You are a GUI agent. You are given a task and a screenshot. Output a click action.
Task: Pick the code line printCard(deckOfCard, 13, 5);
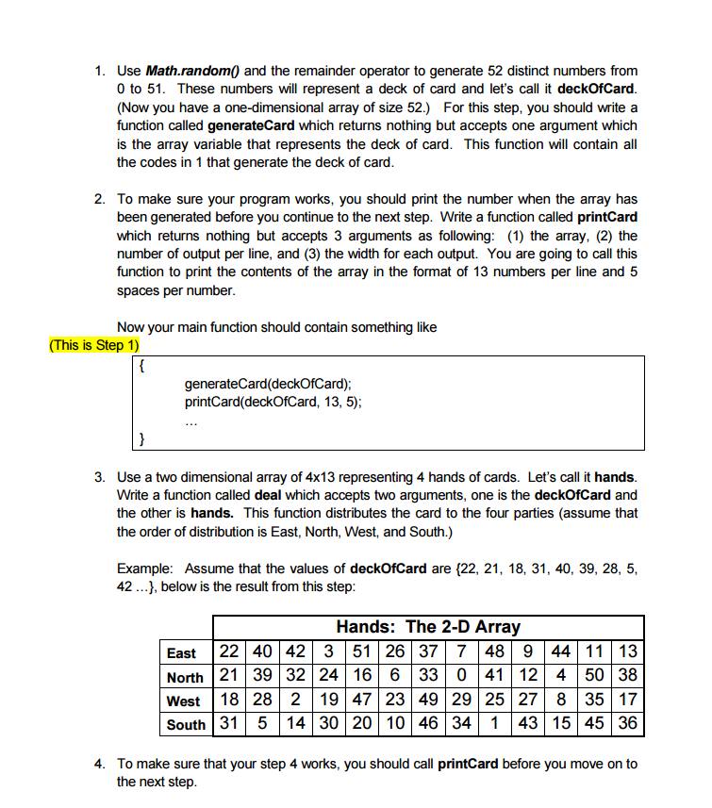pyautogui.click(x=273, y=401)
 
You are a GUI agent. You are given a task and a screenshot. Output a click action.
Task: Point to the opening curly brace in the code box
pyautogui.click(x=141, y=365)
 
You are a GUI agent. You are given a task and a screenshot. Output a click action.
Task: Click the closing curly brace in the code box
pyautogui.click(x=141, y=438)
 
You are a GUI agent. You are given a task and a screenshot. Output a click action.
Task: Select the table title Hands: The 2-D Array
pyautogui.click(x=427, y=626)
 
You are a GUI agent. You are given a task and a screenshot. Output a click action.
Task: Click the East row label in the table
pyautogui.click(x=182, y=653)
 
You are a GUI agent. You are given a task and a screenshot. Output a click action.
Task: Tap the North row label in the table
pyautogui.click(x=185, y=677)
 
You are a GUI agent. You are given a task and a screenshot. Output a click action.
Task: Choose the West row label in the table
pyautogui.click(x=183, y=701)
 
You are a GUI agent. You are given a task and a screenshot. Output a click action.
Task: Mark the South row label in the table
pyautogui.click(x=185, y=724)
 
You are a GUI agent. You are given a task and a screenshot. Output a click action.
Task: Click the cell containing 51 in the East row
pyautogui.click(x=359, y=652)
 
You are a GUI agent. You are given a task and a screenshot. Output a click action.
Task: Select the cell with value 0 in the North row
pyautogui.click(x=460, y=676)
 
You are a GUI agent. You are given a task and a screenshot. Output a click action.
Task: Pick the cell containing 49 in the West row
pyautogui.click(x=427, y=700)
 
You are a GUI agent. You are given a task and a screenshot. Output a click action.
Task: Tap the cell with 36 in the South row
pyautogui.click(x=627, y=723)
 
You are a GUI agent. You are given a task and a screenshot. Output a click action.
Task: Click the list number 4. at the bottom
pyautogui.click(x=101, y=764)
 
